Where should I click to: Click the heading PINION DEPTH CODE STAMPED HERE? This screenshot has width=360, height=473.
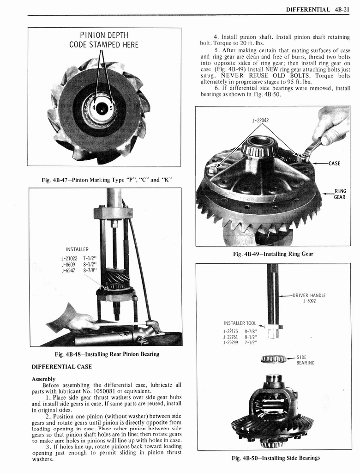pyautogui.click(x=104, y=40)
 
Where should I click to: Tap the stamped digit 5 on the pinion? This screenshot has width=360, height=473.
pyautogui.click(x=111, y=109)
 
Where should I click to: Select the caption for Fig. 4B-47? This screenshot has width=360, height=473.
pyautogui.click(x=103, y=180)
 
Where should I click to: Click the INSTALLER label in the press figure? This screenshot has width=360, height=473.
pyautogui.click(x=77, y=249)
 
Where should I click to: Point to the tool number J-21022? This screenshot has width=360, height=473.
pyautogui.click(x=68, y=258)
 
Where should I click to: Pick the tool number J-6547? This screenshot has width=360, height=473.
pyautogui.click(x=68, y=271)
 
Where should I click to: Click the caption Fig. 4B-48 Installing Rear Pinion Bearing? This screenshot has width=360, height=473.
pyautogui.click(x=107, y=354)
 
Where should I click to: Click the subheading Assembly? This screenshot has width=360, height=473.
pyautogui.click(x=43, y=379)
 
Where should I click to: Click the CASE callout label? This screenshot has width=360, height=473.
pyautogui.click(x=334, y=163)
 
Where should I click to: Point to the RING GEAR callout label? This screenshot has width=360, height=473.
pyautogui.click(x=340, y=194)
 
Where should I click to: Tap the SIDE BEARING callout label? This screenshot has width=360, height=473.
pyautogui.click(x=305, y=360)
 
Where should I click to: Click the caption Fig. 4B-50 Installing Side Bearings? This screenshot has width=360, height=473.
pyautogui.click(x=276, y=458)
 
